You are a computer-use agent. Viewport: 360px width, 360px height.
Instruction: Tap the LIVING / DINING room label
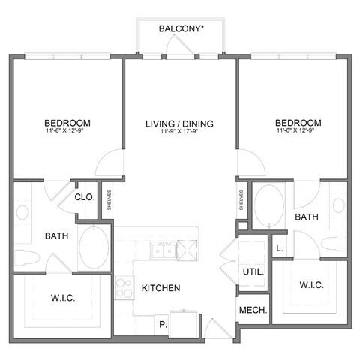(x=180, y=123)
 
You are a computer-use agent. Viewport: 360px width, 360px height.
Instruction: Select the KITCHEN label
(x=161, y=288)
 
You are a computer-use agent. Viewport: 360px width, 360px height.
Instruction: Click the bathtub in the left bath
(x=94, y=247)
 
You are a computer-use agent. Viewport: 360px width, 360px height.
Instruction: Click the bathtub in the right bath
(x=268, y=202)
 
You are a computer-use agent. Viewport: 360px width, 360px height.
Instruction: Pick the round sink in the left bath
(x=22, y=212)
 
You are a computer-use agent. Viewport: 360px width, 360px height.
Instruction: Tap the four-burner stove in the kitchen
(x=124, y=288)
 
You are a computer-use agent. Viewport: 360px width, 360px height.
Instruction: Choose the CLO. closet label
(x=84, y=197)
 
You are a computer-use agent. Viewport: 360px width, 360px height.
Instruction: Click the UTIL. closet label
(x=251, y=271)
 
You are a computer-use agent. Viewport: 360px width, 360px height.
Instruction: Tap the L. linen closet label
(x=279, y=247)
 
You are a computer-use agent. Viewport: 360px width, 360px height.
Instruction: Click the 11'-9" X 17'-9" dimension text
(x=180, y=133)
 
